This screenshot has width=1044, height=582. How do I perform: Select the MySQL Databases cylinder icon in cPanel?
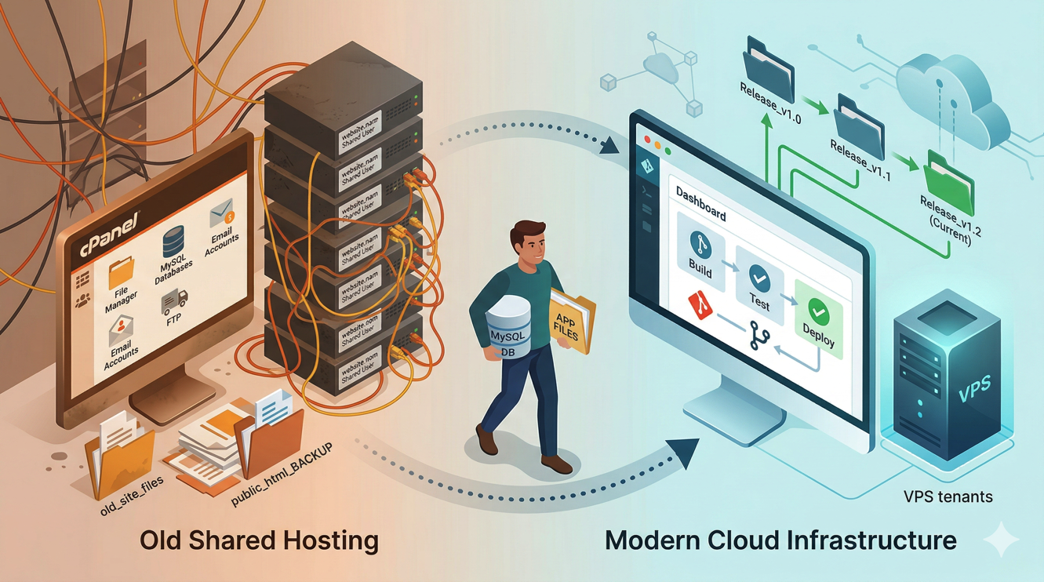(x=173, y=243)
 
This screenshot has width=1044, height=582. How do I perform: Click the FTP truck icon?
(x=174, y=301)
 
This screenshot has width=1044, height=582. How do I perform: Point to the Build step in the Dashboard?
(x=700, y=251)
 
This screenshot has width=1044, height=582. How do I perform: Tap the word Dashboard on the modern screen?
(x=700, y=203)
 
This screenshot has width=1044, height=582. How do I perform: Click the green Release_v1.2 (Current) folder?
(x=948, y=180)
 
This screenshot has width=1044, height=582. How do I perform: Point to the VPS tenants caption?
(x=948, y=497)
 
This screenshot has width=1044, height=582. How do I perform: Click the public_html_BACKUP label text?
(x=282, y=475)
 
